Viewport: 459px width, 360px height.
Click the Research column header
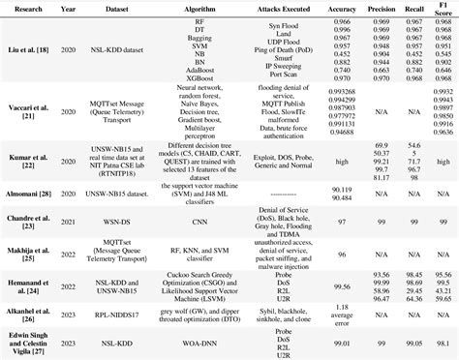coord(24,10)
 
